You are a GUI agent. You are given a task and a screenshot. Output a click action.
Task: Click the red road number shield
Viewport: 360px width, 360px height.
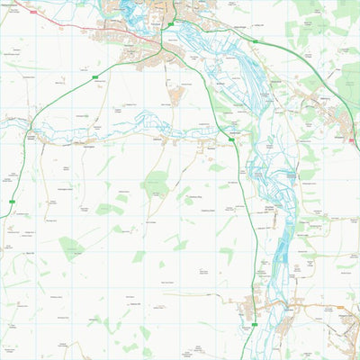(33, 11)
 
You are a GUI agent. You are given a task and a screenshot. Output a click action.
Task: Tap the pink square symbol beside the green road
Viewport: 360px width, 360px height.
(352, 139)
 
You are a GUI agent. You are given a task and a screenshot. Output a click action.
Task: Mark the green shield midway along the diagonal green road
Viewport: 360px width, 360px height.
(94, 78)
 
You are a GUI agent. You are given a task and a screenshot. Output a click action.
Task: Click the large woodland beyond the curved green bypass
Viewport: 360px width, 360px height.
(346, 81)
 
